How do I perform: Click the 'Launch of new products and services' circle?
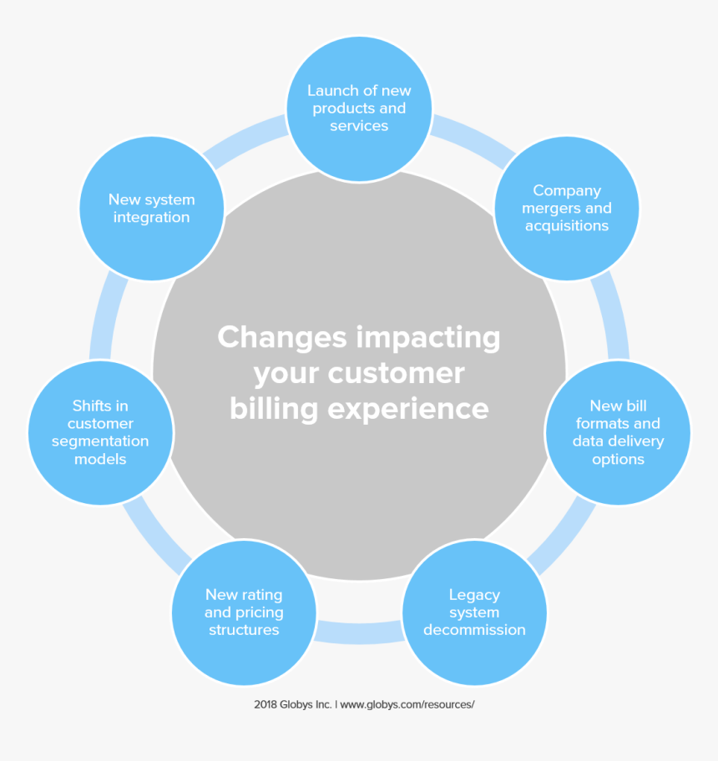(x=359, y=108)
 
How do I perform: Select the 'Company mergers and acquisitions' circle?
(x=567, y=209)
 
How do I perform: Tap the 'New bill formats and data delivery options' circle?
(x=618, y=432)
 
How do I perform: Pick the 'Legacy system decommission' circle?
(x=474, y=612)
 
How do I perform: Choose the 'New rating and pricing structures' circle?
(x=244, y=612)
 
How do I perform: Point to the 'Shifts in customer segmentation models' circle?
(x=100, y=432)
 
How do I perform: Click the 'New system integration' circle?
(x=151, y=209)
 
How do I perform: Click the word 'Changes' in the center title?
(x=282, y=338)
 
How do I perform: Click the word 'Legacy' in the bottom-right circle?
(x=474, y=595)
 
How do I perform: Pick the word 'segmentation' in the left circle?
(x=100, y=441)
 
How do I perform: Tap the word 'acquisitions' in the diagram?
(x=567, y=226)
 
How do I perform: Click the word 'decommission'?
(x=474, y=630)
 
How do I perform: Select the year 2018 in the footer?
(x=268, y=704)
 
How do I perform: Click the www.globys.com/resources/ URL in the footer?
(x=407, y=704)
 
